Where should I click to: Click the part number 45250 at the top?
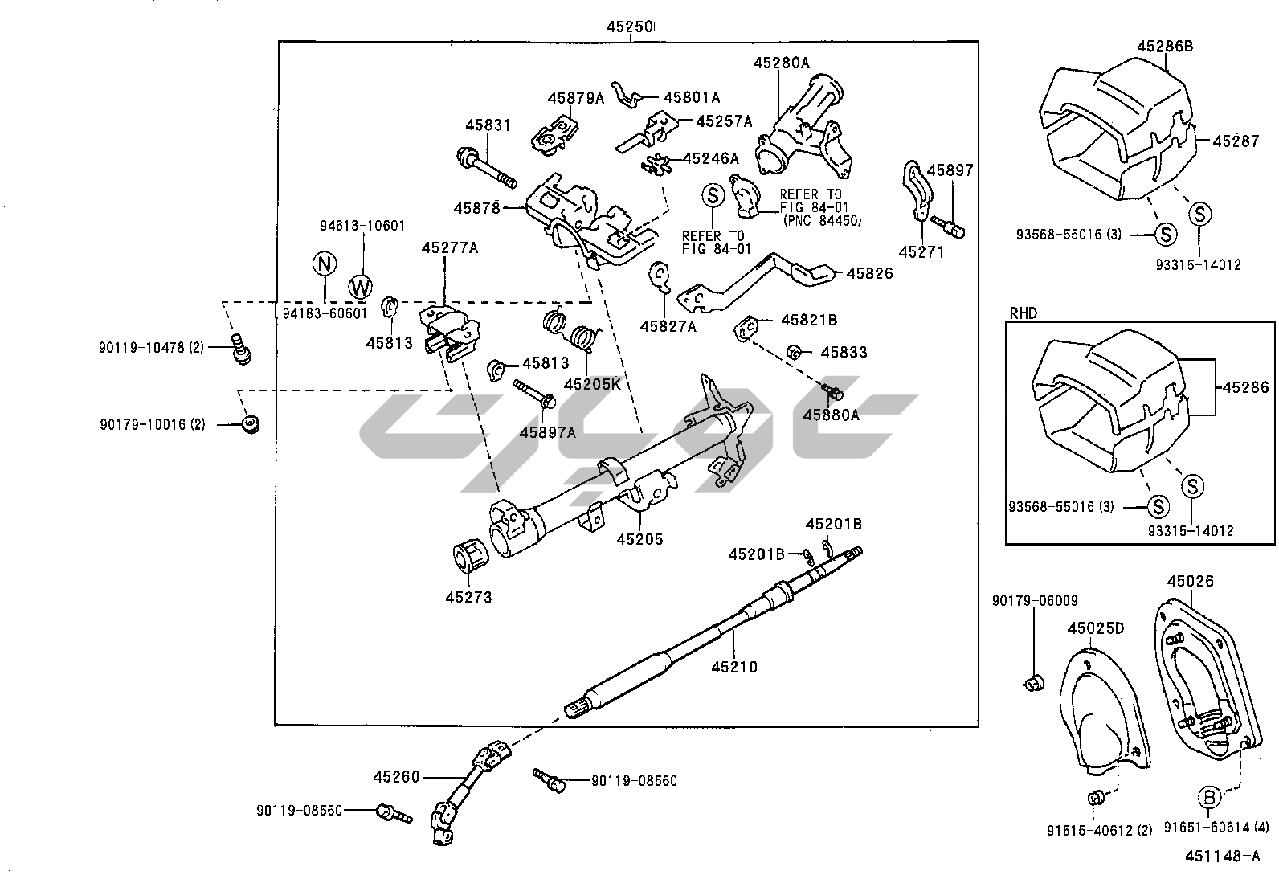tap(629, 27)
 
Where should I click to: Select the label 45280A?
tap(781, 62)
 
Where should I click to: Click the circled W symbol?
tap(361, 285)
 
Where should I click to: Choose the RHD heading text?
tap(1023, 312)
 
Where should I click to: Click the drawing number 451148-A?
tap(1222, 856)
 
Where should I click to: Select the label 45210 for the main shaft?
tap(734, 666)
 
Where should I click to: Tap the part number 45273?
tap(468, 597)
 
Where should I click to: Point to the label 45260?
tap(396, 777)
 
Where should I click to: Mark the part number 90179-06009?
tap(1035, 600)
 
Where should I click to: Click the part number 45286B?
tap(1164, 46)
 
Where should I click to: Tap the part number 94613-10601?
tap(362, 226)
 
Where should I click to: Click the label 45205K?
tap(592, 384)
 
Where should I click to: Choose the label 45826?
tap(868, 273)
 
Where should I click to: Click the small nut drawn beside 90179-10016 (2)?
tap(251, 424)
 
